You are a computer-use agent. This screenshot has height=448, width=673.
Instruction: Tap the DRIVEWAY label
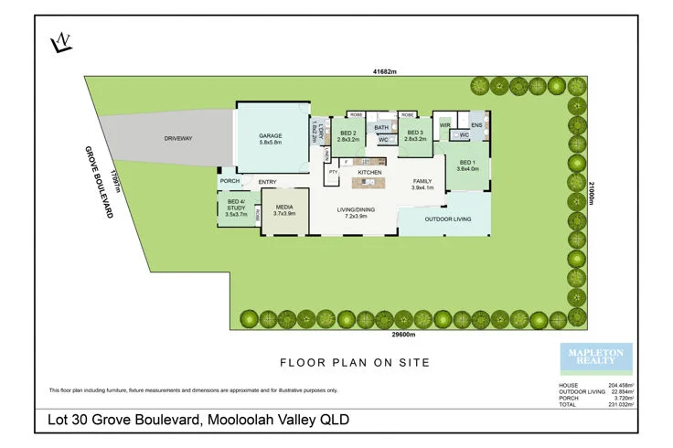coord(178,138)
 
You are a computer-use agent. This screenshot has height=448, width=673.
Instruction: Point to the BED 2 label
coord(346,136)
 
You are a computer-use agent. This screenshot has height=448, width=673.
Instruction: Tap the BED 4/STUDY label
coord(236,207)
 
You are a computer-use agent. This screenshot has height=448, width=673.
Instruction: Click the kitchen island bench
coord(369,183)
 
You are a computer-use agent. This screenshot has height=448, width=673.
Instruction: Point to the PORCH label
coord(230,181)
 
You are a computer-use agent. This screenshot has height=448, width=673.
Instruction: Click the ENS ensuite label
coord(475,123)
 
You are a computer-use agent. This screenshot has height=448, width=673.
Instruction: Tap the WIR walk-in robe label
coord(445,123)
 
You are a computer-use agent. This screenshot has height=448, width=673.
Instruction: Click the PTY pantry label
coord(333,171)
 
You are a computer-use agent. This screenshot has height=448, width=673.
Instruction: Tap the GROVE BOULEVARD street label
coord(99,181)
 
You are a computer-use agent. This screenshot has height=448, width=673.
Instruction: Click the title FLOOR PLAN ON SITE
coord(354,363)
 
